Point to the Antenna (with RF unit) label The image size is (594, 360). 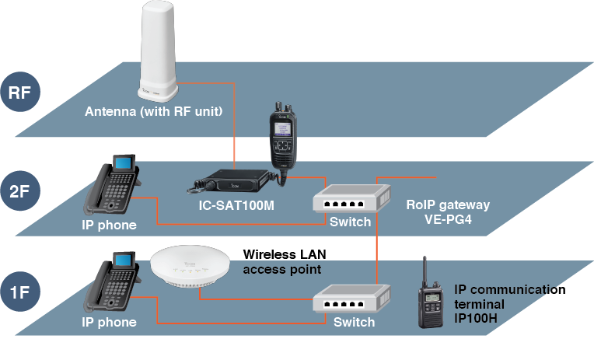(x=154, y=112)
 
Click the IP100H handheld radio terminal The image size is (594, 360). (x=428, y=296)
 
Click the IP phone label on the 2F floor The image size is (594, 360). (x=109, y=225)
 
